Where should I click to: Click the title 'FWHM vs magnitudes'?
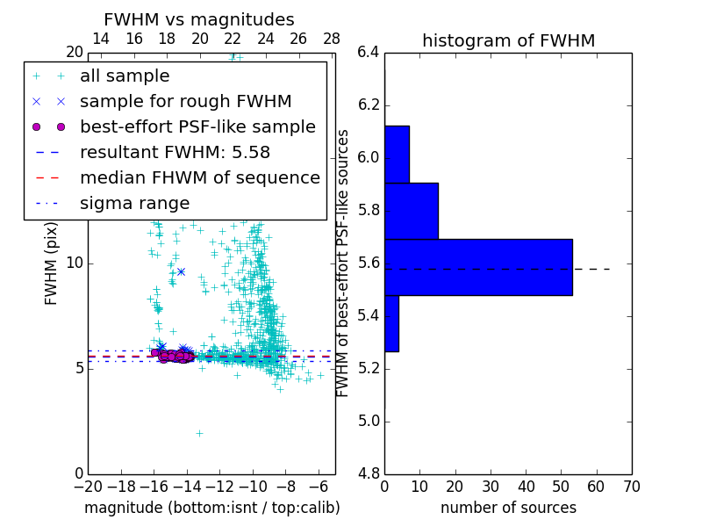pyautogui.click(x=199, y=19)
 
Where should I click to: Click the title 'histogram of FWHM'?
pyautogui.click(x=508, y=40)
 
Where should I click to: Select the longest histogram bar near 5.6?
pyautogui.click(x=478, y=267)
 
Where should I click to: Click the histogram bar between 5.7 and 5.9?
pyautogui.click(x=411, y=211)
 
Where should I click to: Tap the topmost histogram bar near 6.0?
pyautogui.click(x=397, y=154)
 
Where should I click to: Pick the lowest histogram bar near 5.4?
pyautogui.click(x=391, y=323)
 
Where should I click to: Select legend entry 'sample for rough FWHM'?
pyautogui.click(x=185, y=101)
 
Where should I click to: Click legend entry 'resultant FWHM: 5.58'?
pyautogui.click(x=175, y=152)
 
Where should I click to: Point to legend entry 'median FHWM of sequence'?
pyautogui.click(x=199, y=177)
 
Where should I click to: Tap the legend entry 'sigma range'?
pyautogui.click(x=134, y=203)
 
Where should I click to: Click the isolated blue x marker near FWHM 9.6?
pyautogui.click(x=181, y=271)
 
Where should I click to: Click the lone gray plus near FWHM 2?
pyautogui.click(x=199, y=433)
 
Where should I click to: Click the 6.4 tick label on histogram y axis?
pyautogui.click(x=369, y=53)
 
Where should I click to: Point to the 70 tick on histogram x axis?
pyautogui.click(x=631, y=486)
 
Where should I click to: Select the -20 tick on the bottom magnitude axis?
pyautogui.click(x=88, y=486)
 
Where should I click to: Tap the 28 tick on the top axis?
pyautogui.click(x=332, y=39)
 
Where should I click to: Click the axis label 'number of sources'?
pyautogui.click(x=508, y=508)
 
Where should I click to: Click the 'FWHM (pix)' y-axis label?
pyautogui.click(x=52, y=263)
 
